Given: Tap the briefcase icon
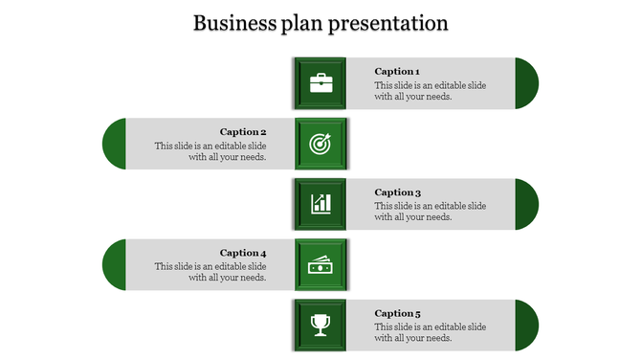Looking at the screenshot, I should coord(320,83).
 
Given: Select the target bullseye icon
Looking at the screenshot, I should coord(320,144).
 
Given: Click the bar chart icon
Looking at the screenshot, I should coord(320,204).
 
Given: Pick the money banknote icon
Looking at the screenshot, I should coord(320,264).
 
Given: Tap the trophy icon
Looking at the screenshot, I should coord(320,326).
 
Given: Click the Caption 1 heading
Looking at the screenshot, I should coord(396,72).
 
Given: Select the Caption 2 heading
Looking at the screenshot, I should coord(243,132).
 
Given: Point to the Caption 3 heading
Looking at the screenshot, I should coord(396,192).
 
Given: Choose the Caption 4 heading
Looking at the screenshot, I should coord(243,254).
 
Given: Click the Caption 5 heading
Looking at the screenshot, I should coord(396,314).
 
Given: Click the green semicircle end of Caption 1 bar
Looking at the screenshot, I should coord(526,83).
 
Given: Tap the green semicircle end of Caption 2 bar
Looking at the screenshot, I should coord(115,144).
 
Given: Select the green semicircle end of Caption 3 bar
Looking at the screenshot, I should coord(526,204).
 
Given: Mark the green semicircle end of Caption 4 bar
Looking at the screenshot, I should coord(115,265).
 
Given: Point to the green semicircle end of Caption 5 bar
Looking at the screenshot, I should coord(526,326).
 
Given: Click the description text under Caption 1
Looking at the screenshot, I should coord(430,91).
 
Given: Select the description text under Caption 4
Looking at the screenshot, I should coord(210,272).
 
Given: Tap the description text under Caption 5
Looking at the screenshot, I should coord(430,332).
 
